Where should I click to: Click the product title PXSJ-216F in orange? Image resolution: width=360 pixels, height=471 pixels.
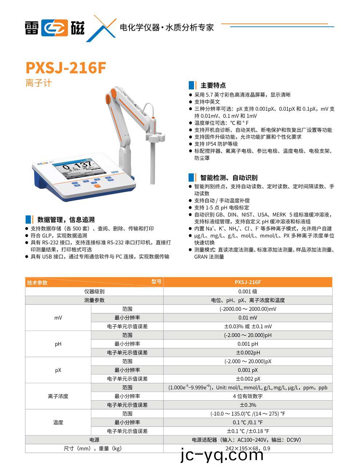(x=65, y=68)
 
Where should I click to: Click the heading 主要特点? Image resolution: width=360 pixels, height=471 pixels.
(x=213, y=85)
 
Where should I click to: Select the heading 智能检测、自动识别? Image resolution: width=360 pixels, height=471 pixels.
(x=228, y=178)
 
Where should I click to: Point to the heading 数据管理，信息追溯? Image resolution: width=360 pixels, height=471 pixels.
(x=65, y=220)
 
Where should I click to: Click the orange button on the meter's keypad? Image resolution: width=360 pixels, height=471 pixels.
(x=97, y=186)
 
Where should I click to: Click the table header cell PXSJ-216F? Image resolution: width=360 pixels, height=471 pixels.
(x=248, y=282)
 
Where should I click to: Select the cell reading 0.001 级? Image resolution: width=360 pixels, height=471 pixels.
(x=248, y=291)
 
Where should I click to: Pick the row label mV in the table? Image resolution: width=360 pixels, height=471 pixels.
(x=58, y=318)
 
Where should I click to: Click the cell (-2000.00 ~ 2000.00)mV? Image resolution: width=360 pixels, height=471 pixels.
(x=248, y=309)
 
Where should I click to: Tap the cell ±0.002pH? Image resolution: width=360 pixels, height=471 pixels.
(x=248, y=352)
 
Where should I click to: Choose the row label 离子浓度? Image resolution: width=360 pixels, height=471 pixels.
(x=58, y=396)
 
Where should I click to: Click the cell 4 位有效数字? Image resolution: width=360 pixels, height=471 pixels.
(x=248, y=396)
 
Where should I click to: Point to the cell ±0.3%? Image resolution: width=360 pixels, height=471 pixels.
(x=248, y=405)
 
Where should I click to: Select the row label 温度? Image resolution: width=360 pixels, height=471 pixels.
(x=58, y=422)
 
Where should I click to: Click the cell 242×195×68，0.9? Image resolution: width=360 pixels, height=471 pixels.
(x=248, y=448)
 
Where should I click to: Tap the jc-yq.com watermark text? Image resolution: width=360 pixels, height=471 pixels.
(x=222, y=455)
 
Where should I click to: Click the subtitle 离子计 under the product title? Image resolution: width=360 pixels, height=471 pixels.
(x=39, y=83)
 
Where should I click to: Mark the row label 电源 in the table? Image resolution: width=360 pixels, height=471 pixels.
(x=94, y=440)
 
